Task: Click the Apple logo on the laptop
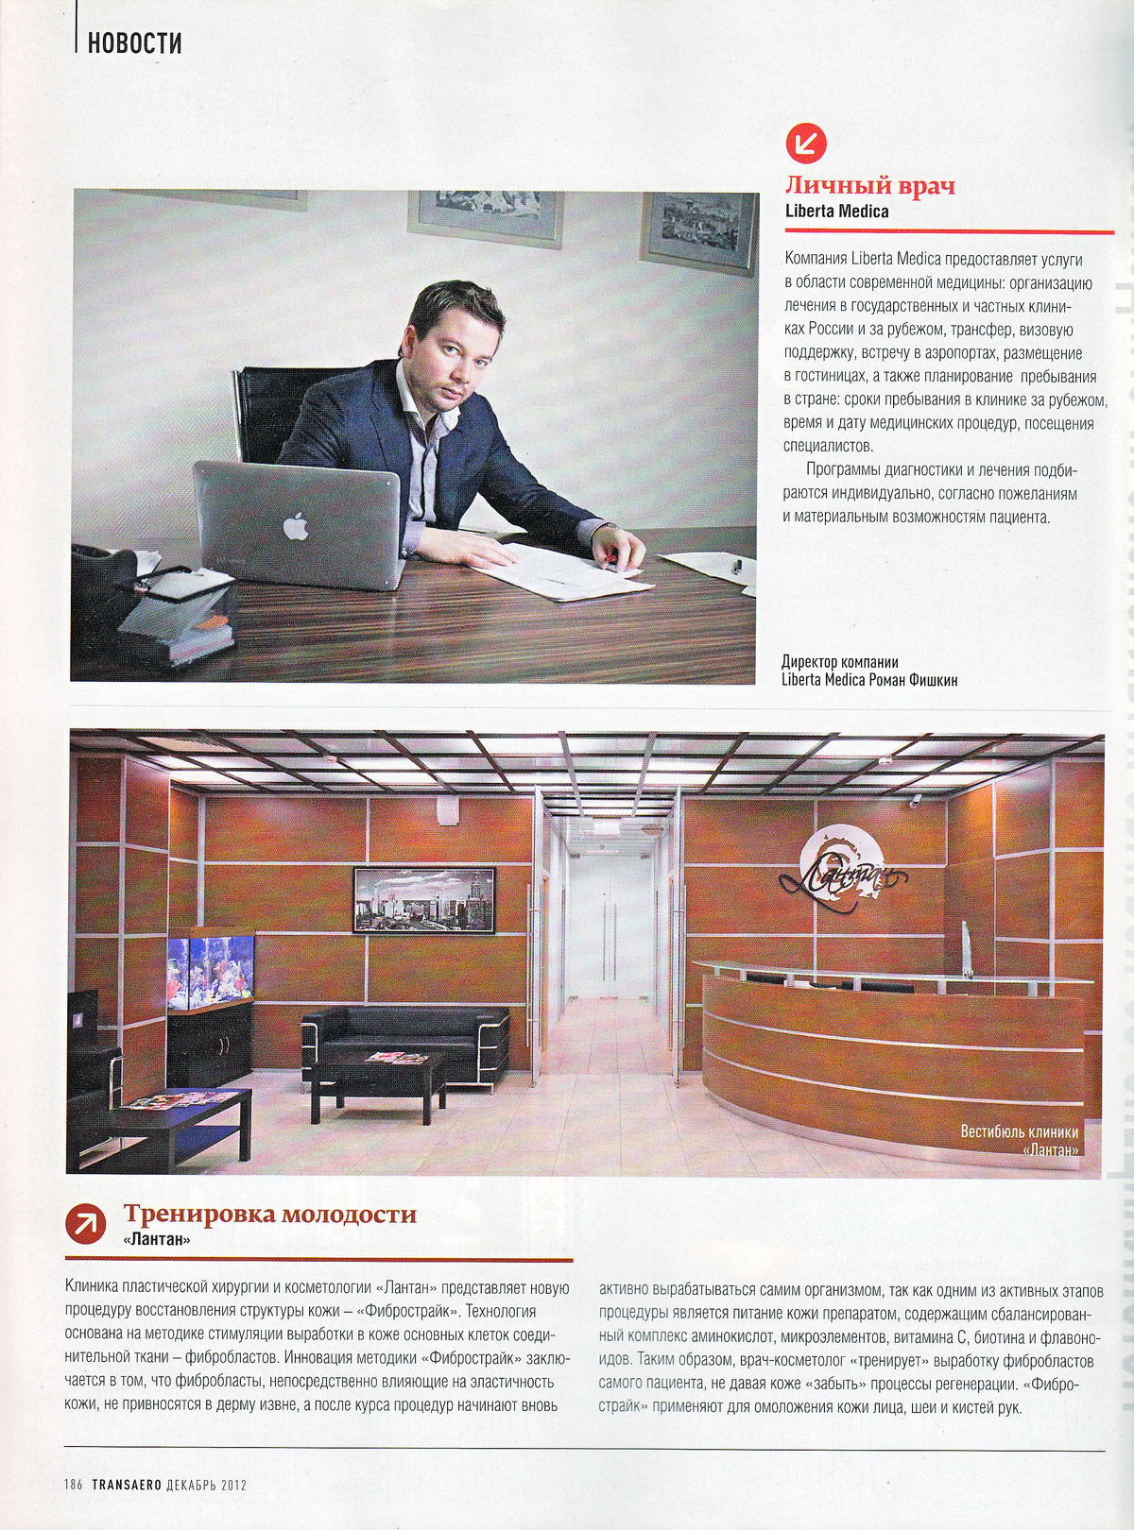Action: tap(296, 527)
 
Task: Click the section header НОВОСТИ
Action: tap(134, 43)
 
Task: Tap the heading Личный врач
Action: tap(870, 185)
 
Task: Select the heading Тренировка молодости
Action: tap(270, 1214)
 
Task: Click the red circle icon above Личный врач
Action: tap(806, 143)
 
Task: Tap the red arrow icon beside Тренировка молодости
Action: tap(86, 1223)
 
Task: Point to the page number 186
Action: tap(75, 1484)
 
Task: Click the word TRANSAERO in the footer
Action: tap(126, 1484)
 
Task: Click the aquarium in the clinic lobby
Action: tap(211, 968)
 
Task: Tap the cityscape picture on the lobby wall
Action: tap(423, 899)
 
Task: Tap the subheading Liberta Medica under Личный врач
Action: tap(836, 212)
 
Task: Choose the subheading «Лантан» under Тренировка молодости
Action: tap(157, 1240)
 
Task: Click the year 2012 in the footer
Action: tap(233, 1484)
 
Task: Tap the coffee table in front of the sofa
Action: tap(378, 1077)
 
